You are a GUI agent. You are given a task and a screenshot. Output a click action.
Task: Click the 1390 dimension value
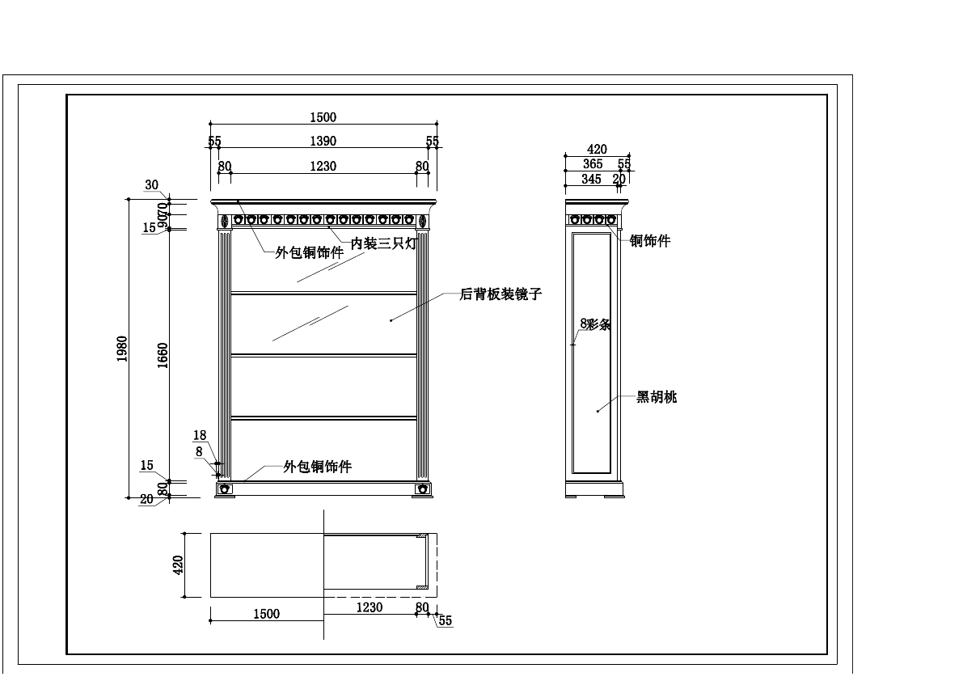pyautogui.click(x=323, y=142)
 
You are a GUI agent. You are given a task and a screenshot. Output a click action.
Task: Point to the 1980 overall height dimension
pyautogui.click(x=122, y=349)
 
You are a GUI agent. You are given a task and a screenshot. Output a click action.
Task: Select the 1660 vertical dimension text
pyautogui.click(x=163, y=356)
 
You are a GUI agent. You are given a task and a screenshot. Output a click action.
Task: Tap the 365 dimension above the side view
pyautogui.click(x=593, y=164)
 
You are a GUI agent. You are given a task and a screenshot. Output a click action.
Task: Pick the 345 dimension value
pyautogui.click(x=592, y=180)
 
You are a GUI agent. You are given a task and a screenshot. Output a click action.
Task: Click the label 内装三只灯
pyautogui.click(x=383, y=243)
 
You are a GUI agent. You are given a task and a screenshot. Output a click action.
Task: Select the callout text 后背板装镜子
pyautogui.click(x=501, y=295)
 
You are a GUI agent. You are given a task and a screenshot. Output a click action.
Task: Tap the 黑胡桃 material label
pyautogui.click(x=657, y=397)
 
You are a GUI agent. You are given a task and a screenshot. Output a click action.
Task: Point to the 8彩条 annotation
pyautogui.click(x=595, y=324)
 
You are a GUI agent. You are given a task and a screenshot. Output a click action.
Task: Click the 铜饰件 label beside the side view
pyautogui.click(x=650, y=241)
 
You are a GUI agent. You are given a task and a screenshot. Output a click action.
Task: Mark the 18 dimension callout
pyautogui.click(x=199, y=436)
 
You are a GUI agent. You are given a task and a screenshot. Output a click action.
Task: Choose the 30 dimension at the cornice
pyautogui.click(x=152, y=185)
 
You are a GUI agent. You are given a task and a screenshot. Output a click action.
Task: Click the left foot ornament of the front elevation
pyautogui.click(x=225, y=489)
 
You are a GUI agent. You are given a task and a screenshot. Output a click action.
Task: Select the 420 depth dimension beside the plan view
pyautogui.click(x=180, y=564)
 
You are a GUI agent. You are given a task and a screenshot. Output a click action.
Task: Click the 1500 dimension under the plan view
pyautogui.click(x=266, y=614)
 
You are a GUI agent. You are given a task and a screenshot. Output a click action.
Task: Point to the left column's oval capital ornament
pyautogui.click(x=224, y=220)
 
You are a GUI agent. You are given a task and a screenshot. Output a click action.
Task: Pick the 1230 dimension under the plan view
pyautogui.click(x=370, y=607)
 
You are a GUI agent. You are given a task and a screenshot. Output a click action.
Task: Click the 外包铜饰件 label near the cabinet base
pyautogui.click(x=317, y=467)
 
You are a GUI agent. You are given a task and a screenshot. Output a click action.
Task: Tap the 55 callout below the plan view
pyautogui.click(x=445, y=621)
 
